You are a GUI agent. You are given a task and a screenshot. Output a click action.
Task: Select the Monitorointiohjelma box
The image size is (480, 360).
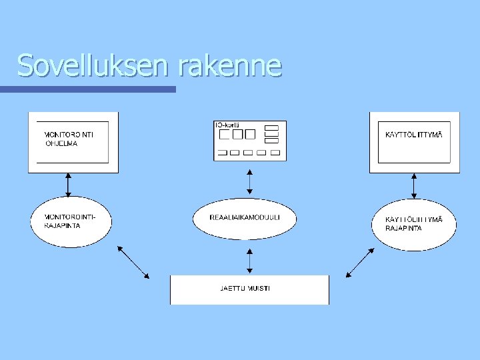click(x=73, y=142)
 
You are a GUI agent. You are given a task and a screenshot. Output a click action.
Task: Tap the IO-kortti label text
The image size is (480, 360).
click(x=227, y=125)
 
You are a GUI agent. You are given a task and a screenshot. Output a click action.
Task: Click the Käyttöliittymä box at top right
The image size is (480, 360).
click(x=414, y=142)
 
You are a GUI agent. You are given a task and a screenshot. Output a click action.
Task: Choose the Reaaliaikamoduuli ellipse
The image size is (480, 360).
click(x=245, y=218)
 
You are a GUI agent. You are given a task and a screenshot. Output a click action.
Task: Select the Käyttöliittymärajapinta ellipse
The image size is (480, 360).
click(x=414, y=223)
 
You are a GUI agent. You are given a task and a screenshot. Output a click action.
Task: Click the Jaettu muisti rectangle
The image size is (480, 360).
click(x=249, y=289)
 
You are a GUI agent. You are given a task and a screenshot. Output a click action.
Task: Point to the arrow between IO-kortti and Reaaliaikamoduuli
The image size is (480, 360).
click(x=249, y=181)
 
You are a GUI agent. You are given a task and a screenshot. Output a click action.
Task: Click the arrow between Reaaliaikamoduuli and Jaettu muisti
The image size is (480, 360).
click(x=249, y=261)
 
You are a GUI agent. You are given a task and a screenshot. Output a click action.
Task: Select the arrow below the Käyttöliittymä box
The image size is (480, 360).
click(x=414, y=186)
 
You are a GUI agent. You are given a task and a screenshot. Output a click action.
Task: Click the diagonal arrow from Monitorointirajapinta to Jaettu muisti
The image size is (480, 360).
click(x=133, y=262)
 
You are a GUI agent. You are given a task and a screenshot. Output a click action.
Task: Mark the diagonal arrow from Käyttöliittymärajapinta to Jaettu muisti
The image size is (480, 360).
click(x=361, y=262)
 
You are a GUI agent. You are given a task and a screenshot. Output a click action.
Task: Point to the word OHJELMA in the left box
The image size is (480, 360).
click(x=61, y=143)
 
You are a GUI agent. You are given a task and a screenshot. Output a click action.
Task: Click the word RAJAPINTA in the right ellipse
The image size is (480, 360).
click(x=403, y=228)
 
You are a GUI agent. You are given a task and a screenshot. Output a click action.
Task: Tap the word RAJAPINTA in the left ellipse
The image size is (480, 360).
click(x=63, y=225)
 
